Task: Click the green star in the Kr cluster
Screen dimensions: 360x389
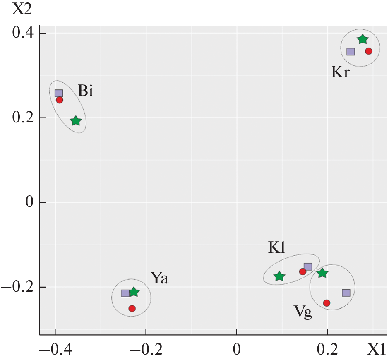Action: click(363, 39)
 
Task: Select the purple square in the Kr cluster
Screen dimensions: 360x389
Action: click(351, 52)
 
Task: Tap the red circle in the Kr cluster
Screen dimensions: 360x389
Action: click(369, 51)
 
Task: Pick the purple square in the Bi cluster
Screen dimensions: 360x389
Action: click(59, 93)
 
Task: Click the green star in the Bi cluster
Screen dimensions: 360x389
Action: click(76, 121)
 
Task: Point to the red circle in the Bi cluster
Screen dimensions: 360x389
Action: click(60, 100)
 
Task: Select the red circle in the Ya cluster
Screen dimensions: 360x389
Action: click(132, 308)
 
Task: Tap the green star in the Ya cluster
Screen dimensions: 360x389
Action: click(134, 292)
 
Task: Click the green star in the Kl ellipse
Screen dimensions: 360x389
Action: click(279, 276)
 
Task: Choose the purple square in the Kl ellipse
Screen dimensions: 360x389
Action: click(308, 267)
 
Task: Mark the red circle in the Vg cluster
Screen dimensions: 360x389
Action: click(327, 303)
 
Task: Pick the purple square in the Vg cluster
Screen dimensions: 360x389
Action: click(346, 293)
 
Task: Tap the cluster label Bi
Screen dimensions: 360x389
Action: click(86, 91)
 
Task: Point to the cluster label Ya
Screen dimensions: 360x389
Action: click(159, 278)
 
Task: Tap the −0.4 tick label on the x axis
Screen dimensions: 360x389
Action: click(54, 350)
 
